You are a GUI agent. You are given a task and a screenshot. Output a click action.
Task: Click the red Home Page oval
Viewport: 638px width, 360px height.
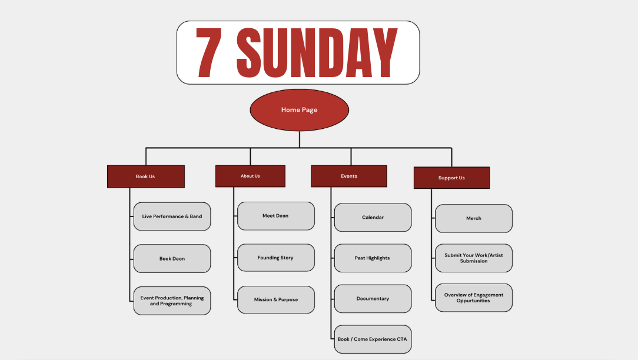(299, 110)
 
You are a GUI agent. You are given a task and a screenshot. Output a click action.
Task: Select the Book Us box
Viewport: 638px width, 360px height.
(145, 176)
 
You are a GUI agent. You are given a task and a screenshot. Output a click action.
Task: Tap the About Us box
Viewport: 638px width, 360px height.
(250, 176)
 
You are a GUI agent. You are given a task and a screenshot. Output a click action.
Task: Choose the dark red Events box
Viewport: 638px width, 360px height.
(349, 176)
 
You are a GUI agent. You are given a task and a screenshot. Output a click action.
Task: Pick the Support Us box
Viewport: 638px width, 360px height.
(451, 178)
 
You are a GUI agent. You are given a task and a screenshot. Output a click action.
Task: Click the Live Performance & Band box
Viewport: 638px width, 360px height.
(172, 216)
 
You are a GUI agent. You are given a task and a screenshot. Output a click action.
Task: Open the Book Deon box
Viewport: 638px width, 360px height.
(172, 259)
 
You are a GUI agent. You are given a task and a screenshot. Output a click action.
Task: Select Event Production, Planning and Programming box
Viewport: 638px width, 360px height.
(172, 301)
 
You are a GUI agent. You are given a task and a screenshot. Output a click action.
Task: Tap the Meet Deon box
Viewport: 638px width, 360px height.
(275, 216)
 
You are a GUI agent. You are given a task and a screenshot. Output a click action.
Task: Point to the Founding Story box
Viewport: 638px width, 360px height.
(275, 258)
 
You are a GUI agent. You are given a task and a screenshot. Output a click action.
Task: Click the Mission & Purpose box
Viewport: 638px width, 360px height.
(275, 299)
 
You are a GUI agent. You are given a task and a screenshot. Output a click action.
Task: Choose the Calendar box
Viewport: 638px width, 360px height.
(373, 218)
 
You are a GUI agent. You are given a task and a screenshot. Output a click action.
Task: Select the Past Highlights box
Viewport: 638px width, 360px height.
(373, 258)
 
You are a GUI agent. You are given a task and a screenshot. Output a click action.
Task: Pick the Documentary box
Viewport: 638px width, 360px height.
(373, 299)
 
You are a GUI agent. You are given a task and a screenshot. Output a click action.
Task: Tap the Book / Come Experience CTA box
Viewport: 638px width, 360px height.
(373, 339)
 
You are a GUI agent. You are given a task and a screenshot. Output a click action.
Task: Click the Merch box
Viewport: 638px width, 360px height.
(474, 218)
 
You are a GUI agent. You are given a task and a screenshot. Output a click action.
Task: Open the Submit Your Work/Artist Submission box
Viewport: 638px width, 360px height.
(474, 258)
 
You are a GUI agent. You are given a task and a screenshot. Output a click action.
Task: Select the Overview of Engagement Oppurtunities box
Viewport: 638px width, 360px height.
(474, 298)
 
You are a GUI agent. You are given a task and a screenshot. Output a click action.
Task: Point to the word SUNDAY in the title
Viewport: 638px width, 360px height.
(318, 53)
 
